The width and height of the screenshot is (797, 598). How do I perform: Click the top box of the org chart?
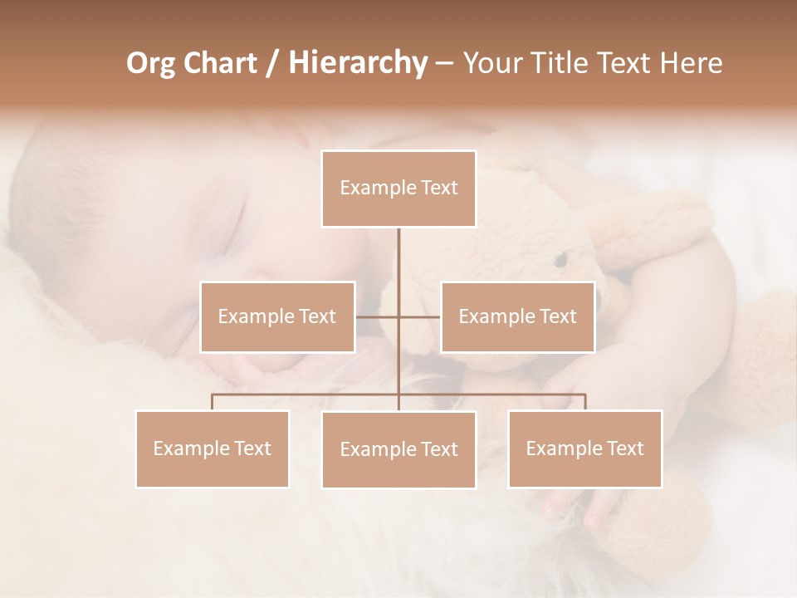pyautogui.click(x=398, y=189)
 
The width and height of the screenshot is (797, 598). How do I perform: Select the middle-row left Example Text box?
pyautogui.click(x=277, y=316)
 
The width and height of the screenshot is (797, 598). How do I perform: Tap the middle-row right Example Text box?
pyautogui.click(x=517, y=316)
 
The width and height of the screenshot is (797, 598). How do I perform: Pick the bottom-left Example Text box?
pyautogui.click(x=213, y=448)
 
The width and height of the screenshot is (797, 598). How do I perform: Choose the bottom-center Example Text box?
pyautogui.click(x=398, y=449)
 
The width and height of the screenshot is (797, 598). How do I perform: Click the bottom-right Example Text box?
pyautogui.click(x=584, y=448)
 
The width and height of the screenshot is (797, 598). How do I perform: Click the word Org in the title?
pyautogui.click(x=150, y=63)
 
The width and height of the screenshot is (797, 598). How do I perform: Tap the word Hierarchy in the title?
pyautogui.click(x=357, y=63)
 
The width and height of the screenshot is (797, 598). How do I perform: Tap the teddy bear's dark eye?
pyautogui.click(x=561, y=260)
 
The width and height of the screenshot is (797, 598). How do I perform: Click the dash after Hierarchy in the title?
pyautogui.click(x=444, y=63)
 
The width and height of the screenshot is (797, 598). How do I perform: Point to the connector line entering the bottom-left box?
pyautogui.click(x=213, y=402)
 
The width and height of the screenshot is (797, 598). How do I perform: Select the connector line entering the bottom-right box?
pyautogui.click(x=584, y=402)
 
